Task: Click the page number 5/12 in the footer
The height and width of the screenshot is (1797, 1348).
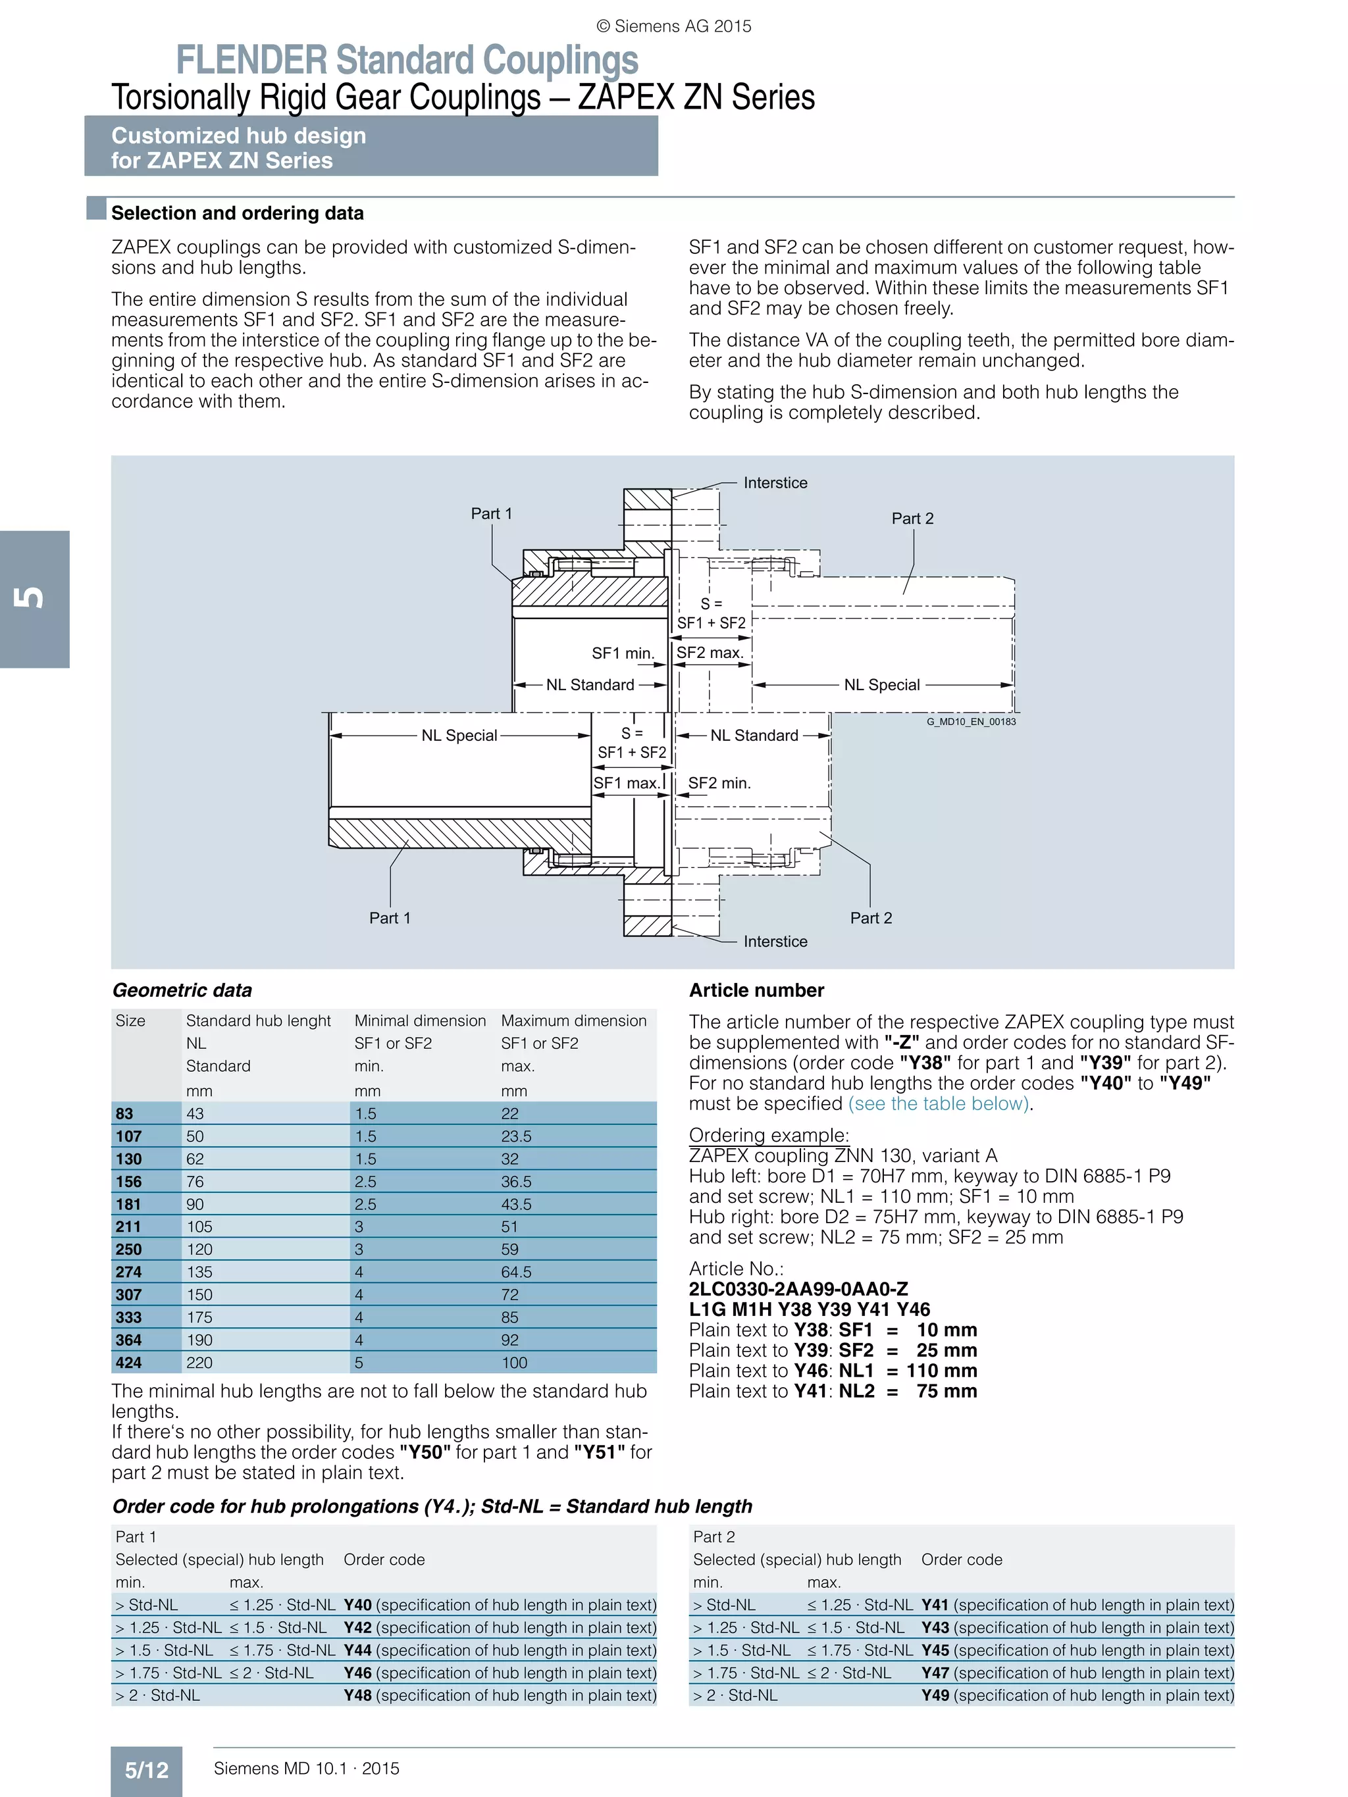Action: click(146, 1769)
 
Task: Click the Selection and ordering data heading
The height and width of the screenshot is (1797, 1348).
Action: click(237, 213)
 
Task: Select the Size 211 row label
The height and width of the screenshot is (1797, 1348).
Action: click(128, 1227)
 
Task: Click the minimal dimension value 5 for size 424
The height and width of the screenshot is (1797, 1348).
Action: click(359, 1362)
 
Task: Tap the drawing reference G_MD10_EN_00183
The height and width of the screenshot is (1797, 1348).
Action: click(971, 721)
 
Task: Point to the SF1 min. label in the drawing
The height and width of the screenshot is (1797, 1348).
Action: click(623, 653)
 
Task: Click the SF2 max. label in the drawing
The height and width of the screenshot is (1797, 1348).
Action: click(710, 652)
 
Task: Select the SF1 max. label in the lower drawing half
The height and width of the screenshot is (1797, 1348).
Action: click(626, 783)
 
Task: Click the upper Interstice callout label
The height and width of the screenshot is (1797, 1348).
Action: click(775, 482)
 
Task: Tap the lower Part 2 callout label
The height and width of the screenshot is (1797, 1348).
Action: click(871, 918)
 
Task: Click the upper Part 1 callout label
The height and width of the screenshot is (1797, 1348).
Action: click(492, 513)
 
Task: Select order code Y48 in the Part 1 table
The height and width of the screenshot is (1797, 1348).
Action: click(357, 1696)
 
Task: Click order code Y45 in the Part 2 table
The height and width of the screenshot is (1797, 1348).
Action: click(935, 1650)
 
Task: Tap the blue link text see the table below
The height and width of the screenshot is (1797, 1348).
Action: click(939, 1103)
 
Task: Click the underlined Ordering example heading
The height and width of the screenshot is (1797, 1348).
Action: click(769, 1135)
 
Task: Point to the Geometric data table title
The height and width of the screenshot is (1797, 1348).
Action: click(182, 990)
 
